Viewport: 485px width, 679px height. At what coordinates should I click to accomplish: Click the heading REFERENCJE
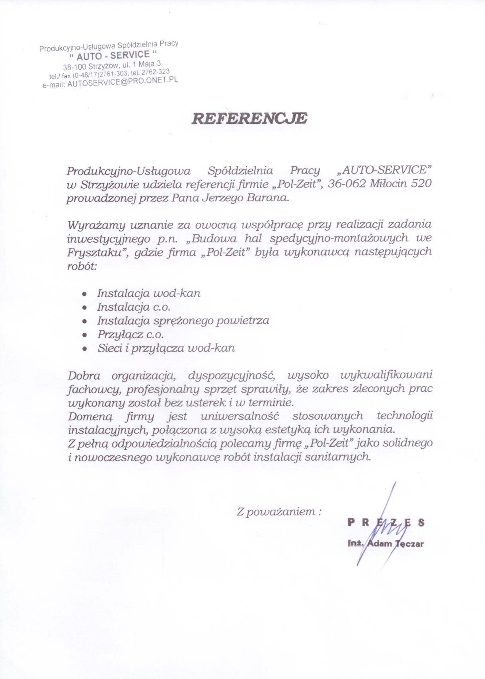tap(249, 119)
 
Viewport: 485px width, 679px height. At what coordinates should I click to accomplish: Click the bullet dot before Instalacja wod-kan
tap(84, 294)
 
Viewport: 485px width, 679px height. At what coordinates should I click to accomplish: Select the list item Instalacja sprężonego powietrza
tap(183, 321)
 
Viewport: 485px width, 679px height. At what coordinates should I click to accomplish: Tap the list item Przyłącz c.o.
tap(131, 335)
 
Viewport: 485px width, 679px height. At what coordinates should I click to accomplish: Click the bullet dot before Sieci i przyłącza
tap(84, 348)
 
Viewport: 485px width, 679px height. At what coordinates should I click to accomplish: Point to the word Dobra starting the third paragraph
tap(84, 375)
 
